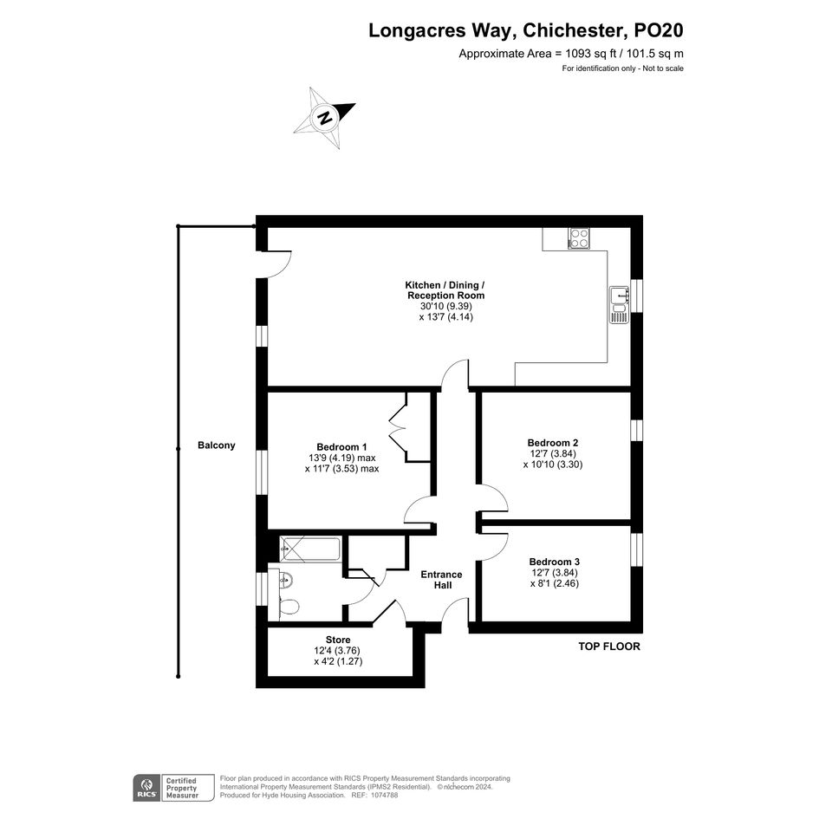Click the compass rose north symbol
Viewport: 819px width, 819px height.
(325, 118)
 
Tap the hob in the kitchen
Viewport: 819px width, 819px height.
(579, 238)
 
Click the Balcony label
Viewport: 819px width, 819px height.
(217, 445)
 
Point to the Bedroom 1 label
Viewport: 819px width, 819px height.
(341, 447)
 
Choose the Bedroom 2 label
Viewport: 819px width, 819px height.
(553, 443)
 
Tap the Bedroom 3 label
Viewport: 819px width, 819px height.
(554, 562)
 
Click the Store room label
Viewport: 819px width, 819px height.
(338, 640)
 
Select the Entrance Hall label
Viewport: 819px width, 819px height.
(442, 580)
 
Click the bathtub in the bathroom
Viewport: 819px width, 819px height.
(310, 549)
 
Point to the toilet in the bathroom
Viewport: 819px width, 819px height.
(288, 607)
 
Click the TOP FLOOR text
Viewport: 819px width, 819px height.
(609, 647)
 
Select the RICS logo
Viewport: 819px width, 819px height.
(146, 788)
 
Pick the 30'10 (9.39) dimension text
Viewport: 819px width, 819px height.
(446, 306)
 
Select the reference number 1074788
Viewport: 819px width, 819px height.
(384, 796)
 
